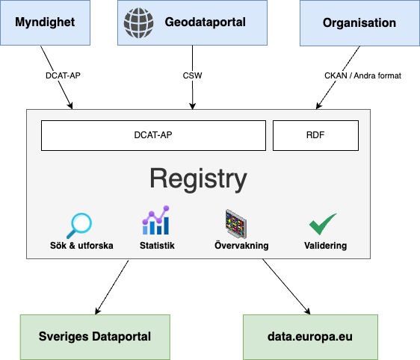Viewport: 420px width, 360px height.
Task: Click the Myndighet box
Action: [45, 22]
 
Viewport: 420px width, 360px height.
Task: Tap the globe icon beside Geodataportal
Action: [139, 22]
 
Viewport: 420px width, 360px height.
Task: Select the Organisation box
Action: [359, 22]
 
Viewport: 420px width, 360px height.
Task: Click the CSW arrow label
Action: [192, 75]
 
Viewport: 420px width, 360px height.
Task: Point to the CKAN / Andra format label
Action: [362, 75]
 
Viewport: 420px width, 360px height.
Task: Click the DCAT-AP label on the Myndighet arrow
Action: [63, 75]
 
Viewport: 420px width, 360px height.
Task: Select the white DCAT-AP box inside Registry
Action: [153, 135]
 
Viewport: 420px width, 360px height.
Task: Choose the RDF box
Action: [315, 135]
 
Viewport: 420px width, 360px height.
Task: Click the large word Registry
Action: [198, 179]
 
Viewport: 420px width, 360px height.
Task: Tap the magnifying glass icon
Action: [79, 226]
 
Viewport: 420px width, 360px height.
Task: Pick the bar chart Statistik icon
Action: [156, 220]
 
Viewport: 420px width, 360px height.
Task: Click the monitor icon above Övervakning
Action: [235, 224]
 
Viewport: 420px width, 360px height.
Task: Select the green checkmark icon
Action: [323, 224]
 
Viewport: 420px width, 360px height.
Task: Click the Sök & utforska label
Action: [81, 246]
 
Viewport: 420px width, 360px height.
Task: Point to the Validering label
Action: [325, 246]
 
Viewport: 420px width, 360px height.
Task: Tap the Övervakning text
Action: [241, 245]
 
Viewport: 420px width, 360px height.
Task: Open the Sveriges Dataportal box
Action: [95, 337]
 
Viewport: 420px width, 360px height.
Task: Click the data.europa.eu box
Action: [310, 337]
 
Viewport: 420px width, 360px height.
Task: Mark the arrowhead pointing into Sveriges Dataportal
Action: [97, 311]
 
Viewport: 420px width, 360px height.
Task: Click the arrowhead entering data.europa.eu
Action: [308, 311]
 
